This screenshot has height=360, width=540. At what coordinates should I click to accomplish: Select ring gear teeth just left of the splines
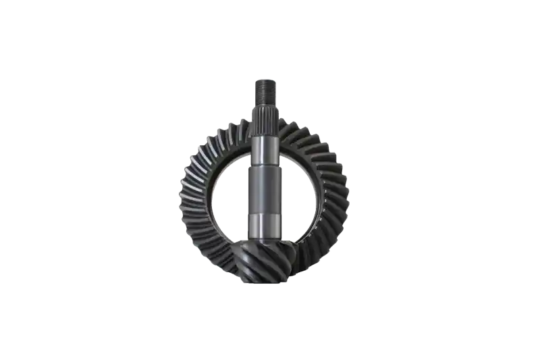point(240,128)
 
